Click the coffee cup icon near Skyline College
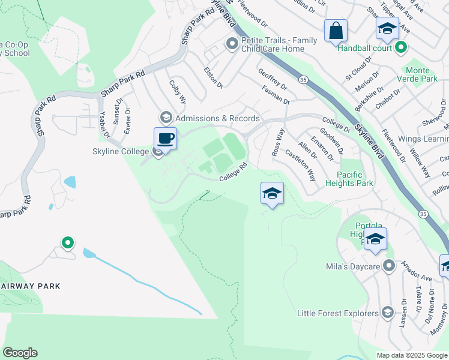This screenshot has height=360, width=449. click(x=166, y=139)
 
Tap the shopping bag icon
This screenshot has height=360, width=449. click(x=336, y=30)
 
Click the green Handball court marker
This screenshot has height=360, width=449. click(x=402, y=48)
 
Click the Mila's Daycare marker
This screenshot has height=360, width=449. click(x=389, y=265)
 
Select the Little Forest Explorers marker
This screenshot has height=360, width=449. click(x=388, y=313)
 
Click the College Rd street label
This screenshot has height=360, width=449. click(x=233, y=172)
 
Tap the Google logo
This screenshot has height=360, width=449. click(x=20, y=353)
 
